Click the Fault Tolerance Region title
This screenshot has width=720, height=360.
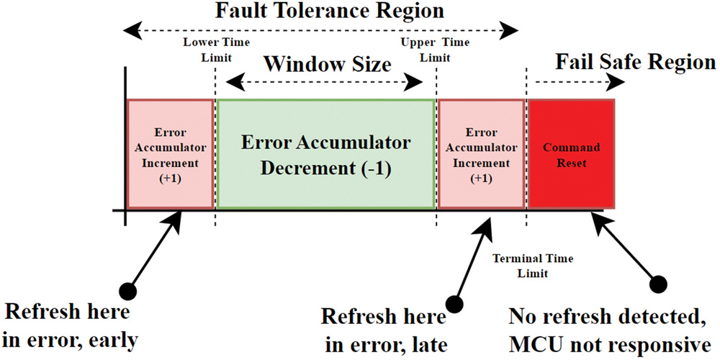coord(321,12)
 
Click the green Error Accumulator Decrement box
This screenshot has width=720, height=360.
coord(326,154)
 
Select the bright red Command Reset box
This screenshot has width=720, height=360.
coord(571,154)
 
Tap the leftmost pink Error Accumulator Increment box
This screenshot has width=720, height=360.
coord(170,154)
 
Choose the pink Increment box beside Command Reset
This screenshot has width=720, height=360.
coord(481,154)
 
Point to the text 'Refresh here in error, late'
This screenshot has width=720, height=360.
coord(383,327)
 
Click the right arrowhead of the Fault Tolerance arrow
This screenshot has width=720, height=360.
coord(510,31)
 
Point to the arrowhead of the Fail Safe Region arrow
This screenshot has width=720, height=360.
coord(615,82)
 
